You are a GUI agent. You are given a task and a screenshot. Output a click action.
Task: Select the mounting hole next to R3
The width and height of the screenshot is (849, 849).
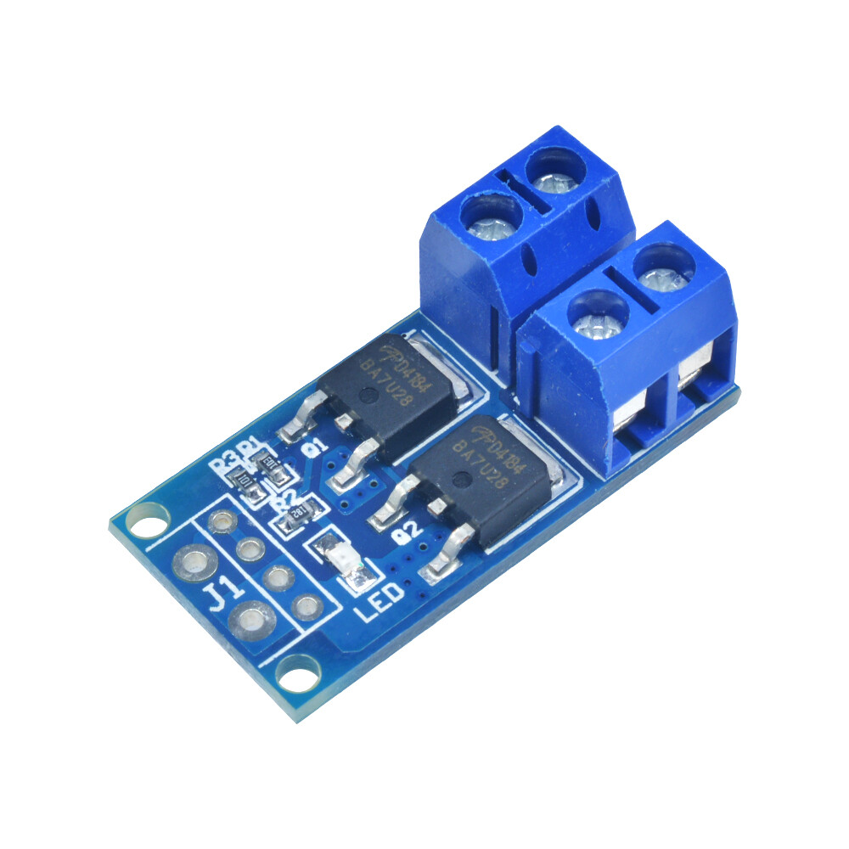149,520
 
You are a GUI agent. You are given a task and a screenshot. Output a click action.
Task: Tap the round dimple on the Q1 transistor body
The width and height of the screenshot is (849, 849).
368,394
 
